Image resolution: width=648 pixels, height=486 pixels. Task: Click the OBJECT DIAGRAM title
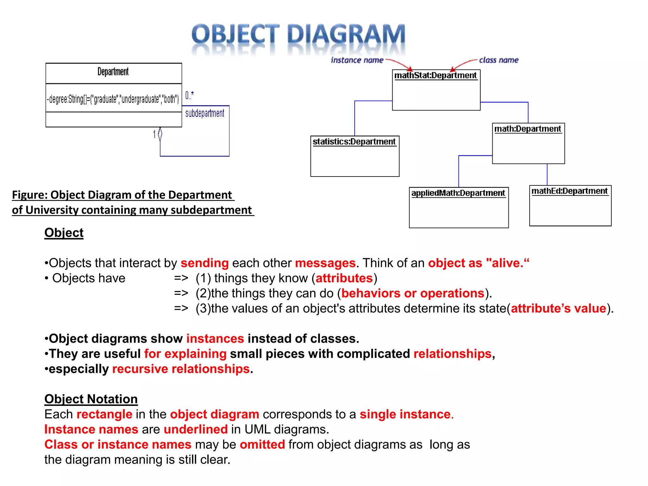[298, 35]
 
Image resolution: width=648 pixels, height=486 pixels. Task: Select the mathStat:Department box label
[435, 75]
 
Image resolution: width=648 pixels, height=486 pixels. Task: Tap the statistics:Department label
[354, 141]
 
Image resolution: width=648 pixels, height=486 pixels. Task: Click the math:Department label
[527, 129]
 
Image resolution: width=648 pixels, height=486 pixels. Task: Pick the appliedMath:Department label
[458, 193]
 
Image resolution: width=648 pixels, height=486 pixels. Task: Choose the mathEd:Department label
[569, 191]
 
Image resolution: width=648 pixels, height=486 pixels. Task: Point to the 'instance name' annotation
[357, 60]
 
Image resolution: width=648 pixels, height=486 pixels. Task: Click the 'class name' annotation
[499, 60]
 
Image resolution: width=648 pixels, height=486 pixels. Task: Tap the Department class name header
[113, 72]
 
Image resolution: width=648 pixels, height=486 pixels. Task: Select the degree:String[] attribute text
[113, 99]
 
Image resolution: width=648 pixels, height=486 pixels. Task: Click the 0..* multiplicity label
[189, 95]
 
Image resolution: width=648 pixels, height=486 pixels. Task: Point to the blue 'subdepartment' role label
[204, 113]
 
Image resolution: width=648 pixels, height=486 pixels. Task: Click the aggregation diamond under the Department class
[160, 134]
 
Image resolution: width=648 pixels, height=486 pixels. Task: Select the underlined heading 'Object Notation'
[91, 399]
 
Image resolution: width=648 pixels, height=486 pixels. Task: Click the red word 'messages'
[325, 263]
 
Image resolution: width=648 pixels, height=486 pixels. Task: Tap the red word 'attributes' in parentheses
[344, 278]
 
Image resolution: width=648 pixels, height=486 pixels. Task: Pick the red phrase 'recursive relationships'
[181, 369]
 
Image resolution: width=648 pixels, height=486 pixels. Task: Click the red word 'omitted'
[262, 445]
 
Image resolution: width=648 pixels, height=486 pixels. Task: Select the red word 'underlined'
[196, 429]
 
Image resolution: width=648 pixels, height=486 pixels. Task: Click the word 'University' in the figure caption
[52, 210]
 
